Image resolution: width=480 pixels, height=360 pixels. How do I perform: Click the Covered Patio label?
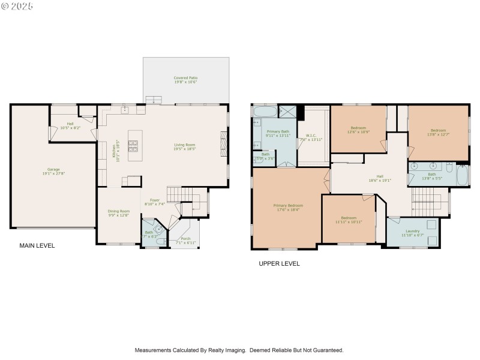click(x=185, y=80)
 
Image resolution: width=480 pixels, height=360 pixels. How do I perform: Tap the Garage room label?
click(x=53, y=171)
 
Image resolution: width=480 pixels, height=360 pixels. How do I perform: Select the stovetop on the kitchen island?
click(x=133, y=145)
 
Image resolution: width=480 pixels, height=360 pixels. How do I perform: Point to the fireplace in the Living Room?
click(x=224, y=145)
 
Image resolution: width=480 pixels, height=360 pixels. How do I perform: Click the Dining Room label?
click(x=118, y=212)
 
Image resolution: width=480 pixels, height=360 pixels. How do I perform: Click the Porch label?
click(x=182, y=241)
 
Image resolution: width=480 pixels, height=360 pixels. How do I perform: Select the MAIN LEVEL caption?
click(x=37, y=245)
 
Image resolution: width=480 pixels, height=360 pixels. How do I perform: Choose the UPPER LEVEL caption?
click(x=279, y=263)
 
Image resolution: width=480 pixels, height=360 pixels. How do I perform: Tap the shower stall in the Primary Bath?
click(x=286, y=112)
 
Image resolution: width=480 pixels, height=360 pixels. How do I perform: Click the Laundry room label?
click(x=412, y=233)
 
